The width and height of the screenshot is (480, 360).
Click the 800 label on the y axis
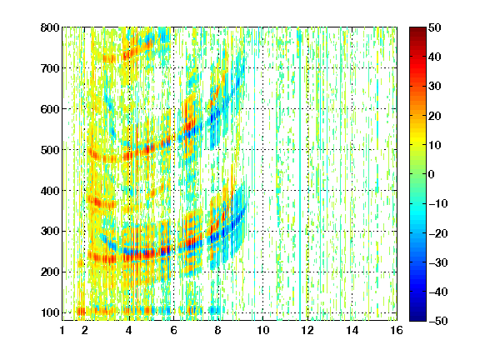(x=50, y=27)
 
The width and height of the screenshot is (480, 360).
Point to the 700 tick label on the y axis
(x=50, y=68)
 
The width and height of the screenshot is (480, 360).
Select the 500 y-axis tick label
(x=50, y=150)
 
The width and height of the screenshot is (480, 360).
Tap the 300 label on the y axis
(x=50, y=231)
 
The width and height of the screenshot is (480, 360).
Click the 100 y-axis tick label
(x=50, y=312)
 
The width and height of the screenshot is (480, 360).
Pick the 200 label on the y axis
(x=50, y=272)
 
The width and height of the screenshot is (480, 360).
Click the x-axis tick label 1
(x=62, y=330)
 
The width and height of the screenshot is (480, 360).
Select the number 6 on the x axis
(x=173, y=330)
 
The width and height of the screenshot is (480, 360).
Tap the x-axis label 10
(x=263, y=330)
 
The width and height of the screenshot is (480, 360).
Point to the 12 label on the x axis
(x=307, y=330)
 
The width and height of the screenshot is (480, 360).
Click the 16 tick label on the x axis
(x=397, y=330)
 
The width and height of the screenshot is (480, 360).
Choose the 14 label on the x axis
(x=352, y=330)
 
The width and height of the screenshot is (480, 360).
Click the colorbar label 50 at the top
(x=435, y=27)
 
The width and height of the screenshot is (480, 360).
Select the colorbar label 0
(x=432, y=174)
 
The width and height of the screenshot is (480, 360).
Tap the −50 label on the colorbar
(x=438, y=321)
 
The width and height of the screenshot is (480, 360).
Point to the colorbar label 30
(x=435, y=87)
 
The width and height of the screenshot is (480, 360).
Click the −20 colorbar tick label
(x=438, y=233)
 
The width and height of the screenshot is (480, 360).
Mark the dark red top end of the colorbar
(x=417, y=28)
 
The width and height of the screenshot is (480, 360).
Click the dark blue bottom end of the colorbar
(x=417, y=319)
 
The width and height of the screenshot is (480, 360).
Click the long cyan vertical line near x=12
(x=300, y=174)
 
